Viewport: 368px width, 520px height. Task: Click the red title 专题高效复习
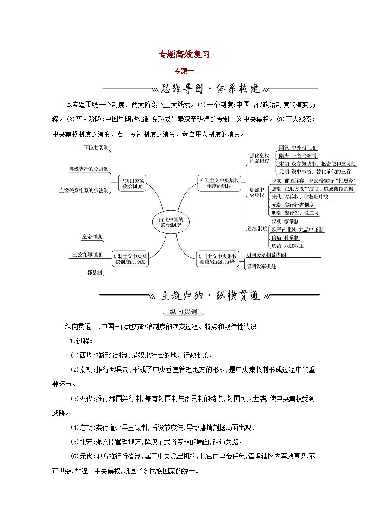point(184,54)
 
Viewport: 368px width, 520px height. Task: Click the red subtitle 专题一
point(184,71)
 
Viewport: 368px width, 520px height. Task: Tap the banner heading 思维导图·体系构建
point(210,88)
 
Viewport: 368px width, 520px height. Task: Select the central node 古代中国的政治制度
point(171,222)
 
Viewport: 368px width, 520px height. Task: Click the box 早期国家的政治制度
point(132,183)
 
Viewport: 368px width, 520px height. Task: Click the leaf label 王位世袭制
point(96,147)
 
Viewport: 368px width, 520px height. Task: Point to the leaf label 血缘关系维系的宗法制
point(83,190)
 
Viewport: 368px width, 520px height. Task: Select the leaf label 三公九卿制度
point(87,254)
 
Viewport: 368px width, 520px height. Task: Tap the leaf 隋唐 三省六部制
point(298,156)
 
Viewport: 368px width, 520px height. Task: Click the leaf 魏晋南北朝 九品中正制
point(298,229)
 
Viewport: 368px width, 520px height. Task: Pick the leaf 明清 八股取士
point(287,245)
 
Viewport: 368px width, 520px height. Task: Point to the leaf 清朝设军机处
point(261,266)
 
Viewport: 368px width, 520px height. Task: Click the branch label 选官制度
point(257,228)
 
